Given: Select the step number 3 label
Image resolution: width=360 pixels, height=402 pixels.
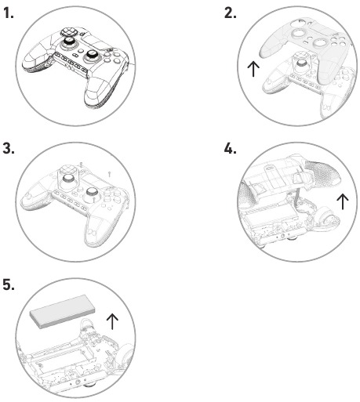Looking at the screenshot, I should coord(9,149).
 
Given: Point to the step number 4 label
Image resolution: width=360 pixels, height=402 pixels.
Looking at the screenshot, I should coord(230,149).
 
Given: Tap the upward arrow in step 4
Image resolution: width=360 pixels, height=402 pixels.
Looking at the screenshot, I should coord(341,201).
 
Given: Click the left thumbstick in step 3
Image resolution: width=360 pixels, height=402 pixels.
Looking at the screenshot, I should coord(70,179).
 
